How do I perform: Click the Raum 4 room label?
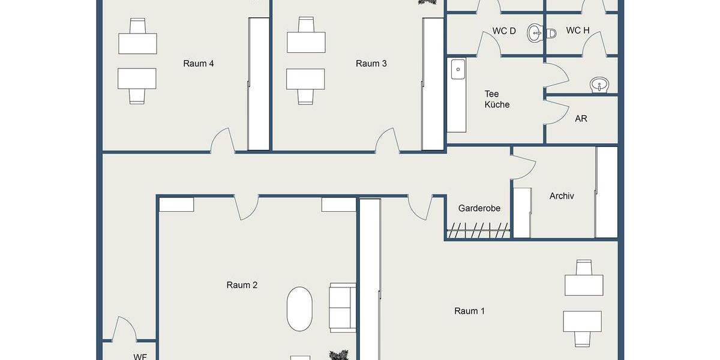[x=199, y=64]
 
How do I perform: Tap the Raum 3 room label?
[x=371, y=64]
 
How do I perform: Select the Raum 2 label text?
[x=242, y=285]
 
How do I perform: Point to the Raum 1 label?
[x=469, y=311]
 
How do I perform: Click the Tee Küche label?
[x=497, y=99]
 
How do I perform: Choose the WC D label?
[x=503, y=31]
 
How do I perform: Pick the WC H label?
[x=577, y=31]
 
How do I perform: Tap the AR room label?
[x=581, y=119]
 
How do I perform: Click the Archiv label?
[x=562, y=196]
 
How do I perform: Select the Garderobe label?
[x=479, y=208]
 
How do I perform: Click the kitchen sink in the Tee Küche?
[x=458, y=68]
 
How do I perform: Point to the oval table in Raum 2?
[x=299, y=309]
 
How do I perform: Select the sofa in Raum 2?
[x=343, y=307]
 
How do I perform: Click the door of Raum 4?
[x=222, y=142]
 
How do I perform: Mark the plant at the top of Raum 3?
[x=427, y=2]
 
